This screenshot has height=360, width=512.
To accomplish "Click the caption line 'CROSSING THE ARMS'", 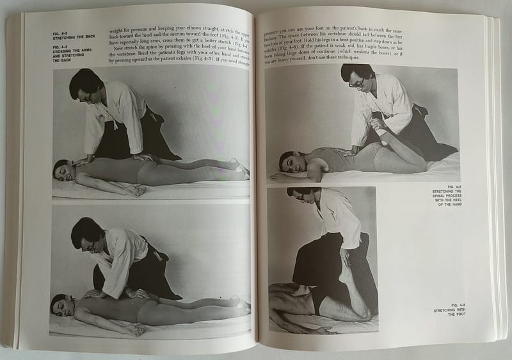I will [74, 49].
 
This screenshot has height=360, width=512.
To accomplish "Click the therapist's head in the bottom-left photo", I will [84, 232].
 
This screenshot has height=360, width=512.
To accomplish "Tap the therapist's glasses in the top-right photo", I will [354, 80].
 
